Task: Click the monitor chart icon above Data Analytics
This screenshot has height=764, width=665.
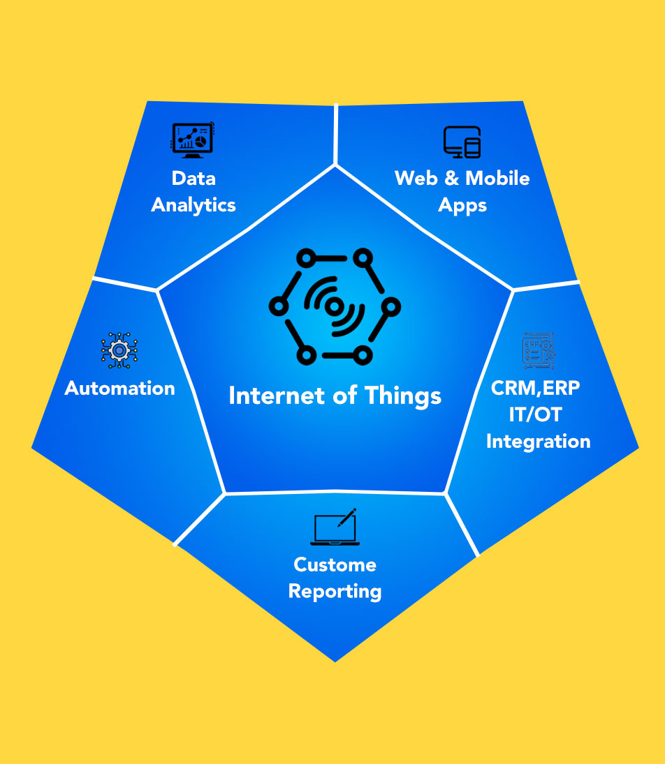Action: click(x=193, y=140)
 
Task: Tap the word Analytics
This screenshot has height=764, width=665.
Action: click(x=193, y=205)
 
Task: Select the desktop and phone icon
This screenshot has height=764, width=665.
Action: click(x=462, y=142)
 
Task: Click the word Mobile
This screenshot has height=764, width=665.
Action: click(x=497, y=178)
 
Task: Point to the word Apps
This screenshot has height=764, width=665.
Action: click(x=462, y=206)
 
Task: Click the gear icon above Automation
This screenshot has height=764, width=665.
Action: click(x=119, y=350)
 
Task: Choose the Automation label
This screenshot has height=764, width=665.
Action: click(x=119, y=388)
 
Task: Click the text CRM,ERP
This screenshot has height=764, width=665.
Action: click(x=536, y=388)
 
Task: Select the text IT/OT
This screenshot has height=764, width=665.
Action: click(x=536, y=414)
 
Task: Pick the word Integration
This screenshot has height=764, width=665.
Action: click(x=538, y=441)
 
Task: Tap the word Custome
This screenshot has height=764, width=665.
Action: click(x=335, y=564)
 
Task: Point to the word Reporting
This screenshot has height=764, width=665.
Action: click(x=335, y=592)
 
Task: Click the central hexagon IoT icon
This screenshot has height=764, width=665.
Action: click(x=335, y=306)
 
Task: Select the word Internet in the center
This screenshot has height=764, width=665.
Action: click(x=268, y=396)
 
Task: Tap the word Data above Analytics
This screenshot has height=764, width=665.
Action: click(x=193, y=178)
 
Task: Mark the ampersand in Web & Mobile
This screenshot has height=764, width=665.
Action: click(x=452, y=178)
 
